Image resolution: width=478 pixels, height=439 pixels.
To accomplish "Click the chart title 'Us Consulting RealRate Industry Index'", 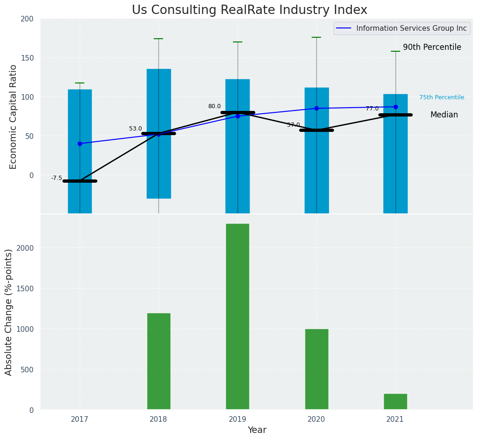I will pyautogui.click(x=249, y=10).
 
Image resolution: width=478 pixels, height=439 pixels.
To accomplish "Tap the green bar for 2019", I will pyautogui.click(x=238, y=316).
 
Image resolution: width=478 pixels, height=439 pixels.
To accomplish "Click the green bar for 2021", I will pyautogui.click(x=396, y=402).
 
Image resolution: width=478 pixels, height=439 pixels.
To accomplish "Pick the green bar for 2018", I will pyautogui.click(x=159, y=361).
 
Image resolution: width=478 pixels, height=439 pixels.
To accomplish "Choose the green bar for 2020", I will pyautogui.click(x=317, y=369).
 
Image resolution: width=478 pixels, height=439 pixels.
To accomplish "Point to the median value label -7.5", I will pyautogui.click(x=56, y=178).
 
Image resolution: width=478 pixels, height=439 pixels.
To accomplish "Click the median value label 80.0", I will pyautogui.click(x=214, y=106).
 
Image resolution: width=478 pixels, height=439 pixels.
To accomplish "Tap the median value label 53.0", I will pyautogui.click(x=136, y=129).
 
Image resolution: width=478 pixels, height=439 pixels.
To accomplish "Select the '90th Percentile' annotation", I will pyautogui.click(x=432, y=48).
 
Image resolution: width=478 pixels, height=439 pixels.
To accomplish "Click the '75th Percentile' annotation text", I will pyautogui.click(x=441, y=97).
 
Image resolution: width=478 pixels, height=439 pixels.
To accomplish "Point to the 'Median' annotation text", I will pyautogui.click(x=444, y=115).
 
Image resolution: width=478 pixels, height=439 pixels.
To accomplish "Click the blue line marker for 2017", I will pyautogui.click(x=80, y=144).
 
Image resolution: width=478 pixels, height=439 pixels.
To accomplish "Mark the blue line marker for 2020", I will pyautogui.click(x=316, y=108).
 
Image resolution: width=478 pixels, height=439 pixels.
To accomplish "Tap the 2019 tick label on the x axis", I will pyautogui.click(x=237, y=419).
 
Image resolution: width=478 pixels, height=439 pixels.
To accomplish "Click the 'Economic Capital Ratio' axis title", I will pyautogui.click(x=14, y=117).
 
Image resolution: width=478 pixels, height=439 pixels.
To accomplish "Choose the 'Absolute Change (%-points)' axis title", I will pyautogui.click(x=9, y=312).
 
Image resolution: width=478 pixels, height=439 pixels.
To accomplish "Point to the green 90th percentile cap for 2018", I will pyautogui.click(x=158, y=39).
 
